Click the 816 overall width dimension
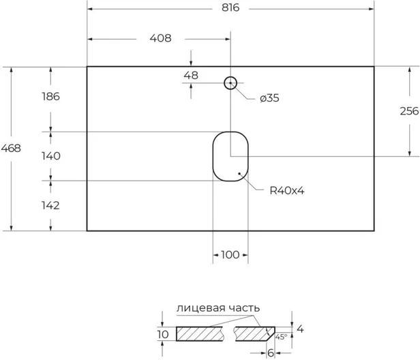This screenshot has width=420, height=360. pyautogui.click(x=230, y=7)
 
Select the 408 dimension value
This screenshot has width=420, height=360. pyautogui.click(x=160, y=38)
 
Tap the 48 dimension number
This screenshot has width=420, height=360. pyautogui.click(x=191, y=76)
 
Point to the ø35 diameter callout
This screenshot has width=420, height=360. pyautogui.click(x=269, y=98)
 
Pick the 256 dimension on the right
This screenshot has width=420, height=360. pyautogui.click(x=409, y=111)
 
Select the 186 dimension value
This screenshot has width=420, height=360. pyautogui.click(x=50, y=96)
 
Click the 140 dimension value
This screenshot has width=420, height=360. pyautogui.click(x=50, y=156)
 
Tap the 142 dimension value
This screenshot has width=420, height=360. pyautogui.click(x=50, y=205)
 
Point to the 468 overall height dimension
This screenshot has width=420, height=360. pyautogui.click(x=11, y=148)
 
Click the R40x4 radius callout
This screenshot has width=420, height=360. pyautogui.click(x=287, y=191)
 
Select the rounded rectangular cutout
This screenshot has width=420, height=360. pyautogui.click(x=213, y=156)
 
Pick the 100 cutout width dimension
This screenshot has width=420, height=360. pyautogui.click(x=230, y=255)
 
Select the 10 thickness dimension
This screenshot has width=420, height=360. pyautogui.click(x=163, y=334)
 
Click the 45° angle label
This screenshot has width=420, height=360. pyautogui.click(x=281, y=337)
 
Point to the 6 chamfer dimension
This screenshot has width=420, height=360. pyautogui.click(x=271, y=353)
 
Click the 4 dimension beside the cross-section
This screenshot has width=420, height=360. pyautogui.click(x=300, y=329)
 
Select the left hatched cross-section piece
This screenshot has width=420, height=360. pyautogui.click(x=200, y=334)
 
